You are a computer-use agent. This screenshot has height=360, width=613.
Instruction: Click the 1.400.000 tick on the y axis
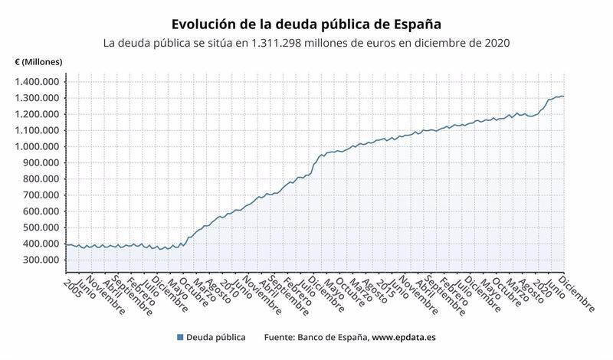(x=39, y=82)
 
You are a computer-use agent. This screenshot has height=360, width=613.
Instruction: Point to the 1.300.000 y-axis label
(x=39, y=98)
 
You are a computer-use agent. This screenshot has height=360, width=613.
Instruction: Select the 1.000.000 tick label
(x=39, y=146)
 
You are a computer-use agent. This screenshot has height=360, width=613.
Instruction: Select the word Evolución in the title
(x=205, y=25)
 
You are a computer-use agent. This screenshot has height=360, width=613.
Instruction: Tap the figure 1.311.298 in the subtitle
(x=282, y=43)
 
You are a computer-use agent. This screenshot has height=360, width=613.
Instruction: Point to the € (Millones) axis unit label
(x=38, y=61)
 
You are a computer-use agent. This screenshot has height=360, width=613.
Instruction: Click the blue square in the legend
(x=180, y=337)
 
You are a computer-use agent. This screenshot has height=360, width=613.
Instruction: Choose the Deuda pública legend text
(x=217, y=337)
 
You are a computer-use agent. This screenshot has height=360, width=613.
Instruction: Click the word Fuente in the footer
(x=282, y=337)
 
